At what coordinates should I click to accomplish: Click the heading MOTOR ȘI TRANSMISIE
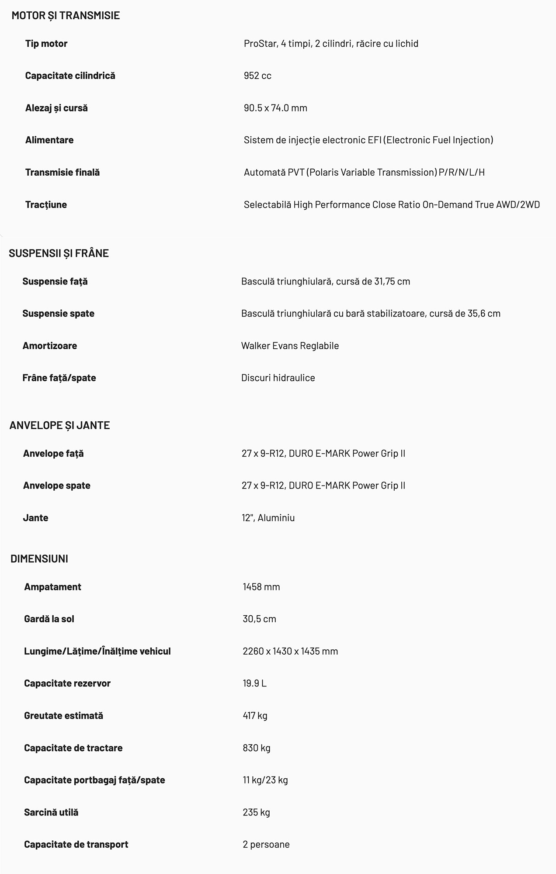pyautogui.click(x=66, y=15)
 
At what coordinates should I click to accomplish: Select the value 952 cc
pyautogui.click(x=257, y=76)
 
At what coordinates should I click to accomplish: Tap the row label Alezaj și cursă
pyautogui.click(x=56, y=108)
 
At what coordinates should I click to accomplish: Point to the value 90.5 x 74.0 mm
pyautogui.click(x=275, y=108)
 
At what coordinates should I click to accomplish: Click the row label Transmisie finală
pyautogui.click(x=63, y=172)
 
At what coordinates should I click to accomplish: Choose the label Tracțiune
pyautogui.click(x=46, y=205)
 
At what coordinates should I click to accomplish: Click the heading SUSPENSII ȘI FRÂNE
pyautogui.click(x=59, y=253)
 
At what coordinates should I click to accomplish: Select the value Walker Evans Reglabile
pyautogui.click(x=290, y=346)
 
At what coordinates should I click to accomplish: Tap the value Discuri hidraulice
pyautogui.click(x=278, y=378)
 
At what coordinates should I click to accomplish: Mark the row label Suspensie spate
pyautogui.click(x=58, y=313)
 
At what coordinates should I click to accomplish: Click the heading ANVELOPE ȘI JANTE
pyautogui.click(x=59, y=425)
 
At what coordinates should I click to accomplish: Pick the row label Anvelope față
pyautogui.click(x=53, y=453)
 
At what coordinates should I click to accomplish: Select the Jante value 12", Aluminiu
pyautogui.click(x=268, y=517)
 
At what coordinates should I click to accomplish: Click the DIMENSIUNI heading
pyautogui.click(x=39, y=558)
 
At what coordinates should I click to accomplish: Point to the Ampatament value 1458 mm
pyautogui.click(x=261, y=586)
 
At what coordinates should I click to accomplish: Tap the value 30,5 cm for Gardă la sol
pyautogui.click(x=259, y=619)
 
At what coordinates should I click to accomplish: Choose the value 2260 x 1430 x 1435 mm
pyautogui.click(x=290, y=651)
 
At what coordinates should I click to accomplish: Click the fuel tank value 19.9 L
pyautogui.click(x=254, y=683)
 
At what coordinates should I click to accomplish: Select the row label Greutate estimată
pyautogui.click(x=63, y=715)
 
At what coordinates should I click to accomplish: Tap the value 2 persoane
pyautogui.click(x=266, y=844)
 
